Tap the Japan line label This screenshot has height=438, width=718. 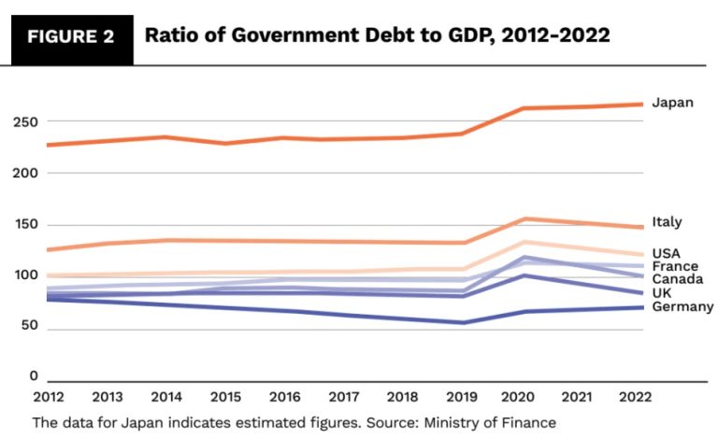click(672, 102)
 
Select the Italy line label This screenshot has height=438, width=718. click(667, 222)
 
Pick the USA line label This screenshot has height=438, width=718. click(666, 253)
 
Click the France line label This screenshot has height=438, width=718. click(673, 266)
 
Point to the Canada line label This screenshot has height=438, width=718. click(677, 279)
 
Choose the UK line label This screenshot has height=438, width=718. click(661, 293)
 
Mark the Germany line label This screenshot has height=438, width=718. click(682, 306)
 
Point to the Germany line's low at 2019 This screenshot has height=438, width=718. click(462, 323)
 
